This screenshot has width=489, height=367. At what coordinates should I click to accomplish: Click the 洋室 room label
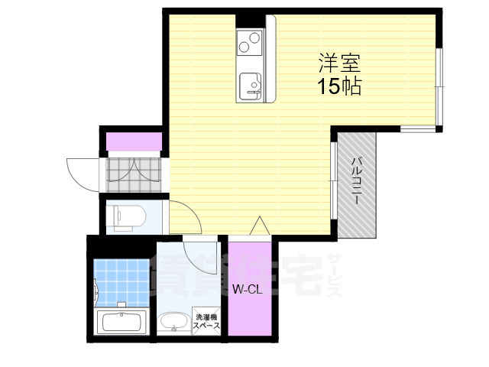tap(339, 63)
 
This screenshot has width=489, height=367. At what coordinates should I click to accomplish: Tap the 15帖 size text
tap(339, 86)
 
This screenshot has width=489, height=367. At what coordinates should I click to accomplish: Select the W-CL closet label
tap(248, 290)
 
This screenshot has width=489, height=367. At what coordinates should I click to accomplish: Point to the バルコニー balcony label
tap(357, 181)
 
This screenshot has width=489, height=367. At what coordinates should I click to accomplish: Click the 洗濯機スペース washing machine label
tap(206, 321)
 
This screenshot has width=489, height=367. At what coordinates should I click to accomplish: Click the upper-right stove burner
tap(254, 38)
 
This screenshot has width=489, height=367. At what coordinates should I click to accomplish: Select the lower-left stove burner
tap(244, 47)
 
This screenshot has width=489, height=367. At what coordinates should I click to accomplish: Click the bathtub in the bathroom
tap(122, 322)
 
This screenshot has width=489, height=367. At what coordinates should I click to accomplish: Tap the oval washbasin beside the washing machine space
tap(173, 323)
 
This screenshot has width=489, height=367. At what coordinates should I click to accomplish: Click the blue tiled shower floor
tap(121, 282)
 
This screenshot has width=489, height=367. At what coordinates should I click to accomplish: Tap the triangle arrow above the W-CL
tap(260, 226)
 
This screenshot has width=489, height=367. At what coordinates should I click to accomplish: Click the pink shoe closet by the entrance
tap(134, 141)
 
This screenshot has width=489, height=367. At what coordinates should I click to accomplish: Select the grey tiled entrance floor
tap(134, 174)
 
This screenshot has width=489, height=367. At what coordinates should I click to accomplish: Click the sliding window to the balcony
tap(334, 180)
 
